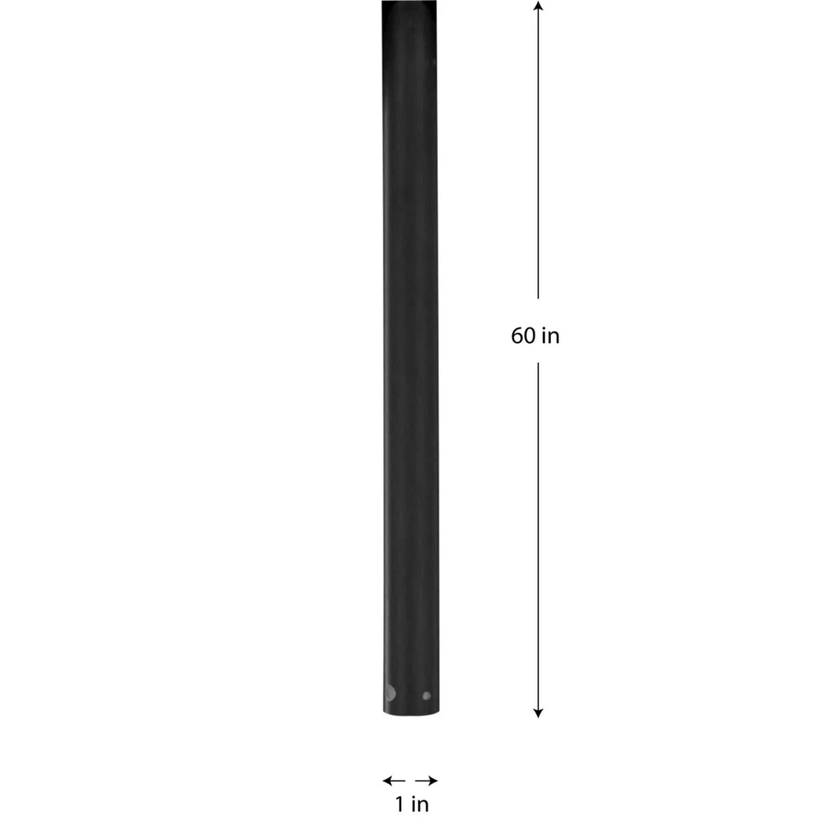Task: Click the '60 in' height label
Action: [x=535, y=335]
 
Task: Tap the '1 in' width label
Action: [x=411, y=804]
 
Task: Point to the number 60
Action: [x=523, y=335]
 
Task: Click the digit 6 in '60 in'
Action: [x=517, y=335]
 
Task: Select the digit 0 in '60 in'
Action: [x=529, y=335]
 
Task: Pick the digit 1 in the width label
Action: [x=399, y=804]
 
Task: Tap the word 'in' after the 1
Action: [x=420, y=804]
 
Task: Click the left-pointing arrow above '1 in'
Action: [x=393, y=780]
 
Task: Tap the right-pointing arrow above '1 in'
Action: [x=428, y=780]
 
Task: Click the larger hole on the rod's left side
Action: [x=390, y=693]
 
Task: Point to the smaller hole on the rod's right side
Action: [x=426, y=695]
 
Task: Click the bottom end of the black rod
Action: [x=410, y=712]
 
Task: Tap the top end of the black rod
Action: [x=410, y=4]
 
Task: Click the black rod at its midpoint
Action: [x=410, y=357]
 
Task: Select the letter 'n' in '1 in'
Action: [x=423, y=805]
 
